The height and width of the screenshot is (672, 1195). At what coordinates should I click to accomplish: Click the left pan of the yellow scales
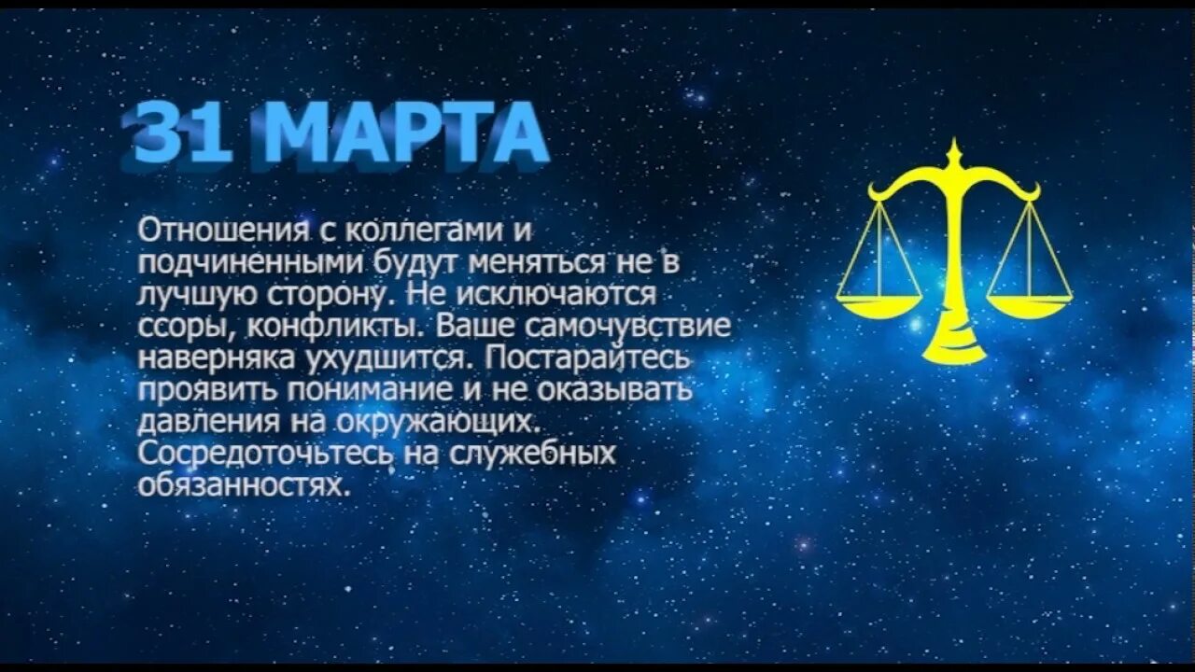(877, 306)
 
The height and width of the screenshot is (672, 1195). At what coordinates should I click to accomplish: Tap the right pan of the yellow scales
(1029, 306)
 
